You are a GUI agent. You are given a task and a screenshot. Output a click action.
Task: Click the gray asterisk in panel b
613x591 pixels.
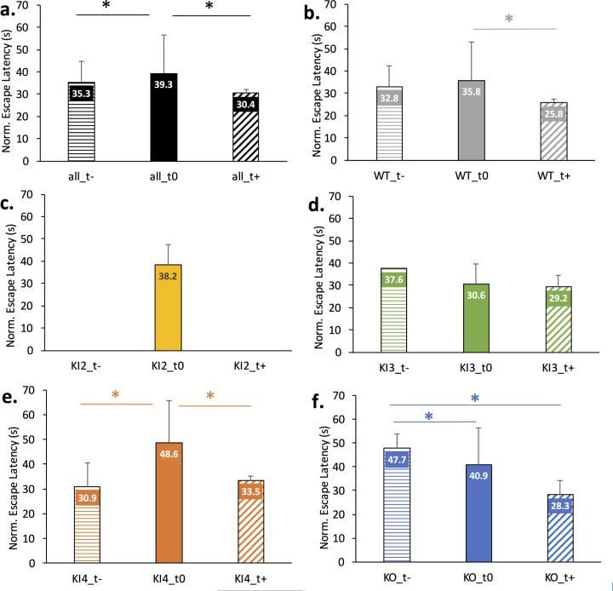click(510, 20)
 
